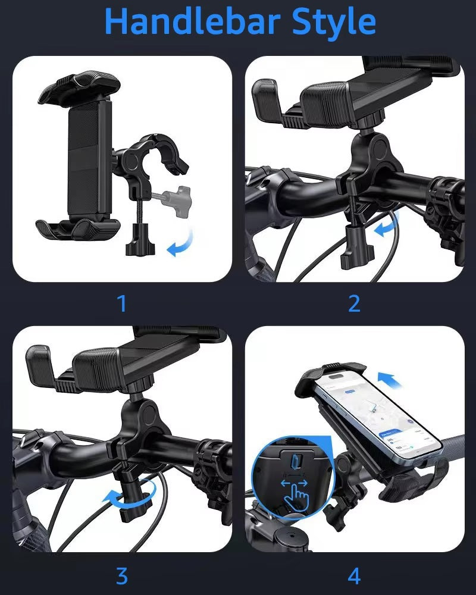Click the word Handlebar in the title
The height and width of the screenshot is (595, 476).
pyautogui.click(x=192, y=21)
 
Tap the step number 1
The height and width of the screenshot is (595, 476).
pyautogui.click(x=121, y=303)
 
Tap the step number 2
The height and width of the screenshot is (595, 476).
pyautogui.click(x=354, y=303)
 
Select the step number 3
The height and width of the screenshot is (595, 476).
pyautogui.click(x=122, y=576)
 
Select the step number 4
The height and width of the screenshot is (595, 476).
pyautogui.click(x=354, y=576)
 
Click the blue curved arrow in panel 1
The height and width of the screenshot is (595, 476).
pyautogui.click(x=181, y=243)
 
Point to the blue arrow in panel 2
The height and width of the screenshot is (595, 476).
pyautogui.click(x=386, y=225)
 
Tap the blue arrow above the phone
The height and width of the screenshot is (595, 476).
pyautogui.click(x=389, y=380)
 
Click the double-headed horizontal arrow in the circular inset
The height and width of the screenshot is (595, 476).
pyautogui.click(x=294, y=483)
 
